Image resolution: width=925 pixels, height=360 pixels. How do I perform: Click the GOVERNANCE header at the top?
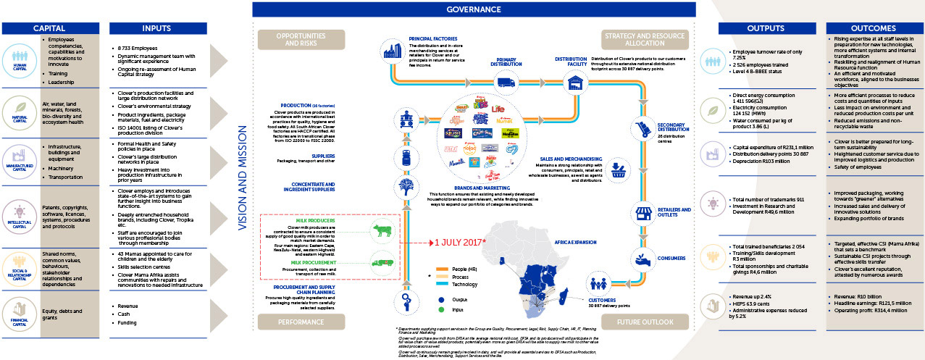(x=473, y=9)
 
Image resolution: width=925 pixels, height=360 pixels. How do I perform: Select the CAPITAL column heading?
(x=49, y=28)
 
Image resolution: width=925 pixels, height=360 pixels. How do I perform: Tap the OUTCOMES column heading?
(x=874, y=28)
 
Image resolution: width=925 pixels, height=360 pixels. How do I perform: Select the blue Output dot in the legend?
(x=440, y=298)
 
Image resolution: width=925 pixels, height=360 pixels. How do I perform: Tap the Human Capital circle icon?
(x=19, y=56)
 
